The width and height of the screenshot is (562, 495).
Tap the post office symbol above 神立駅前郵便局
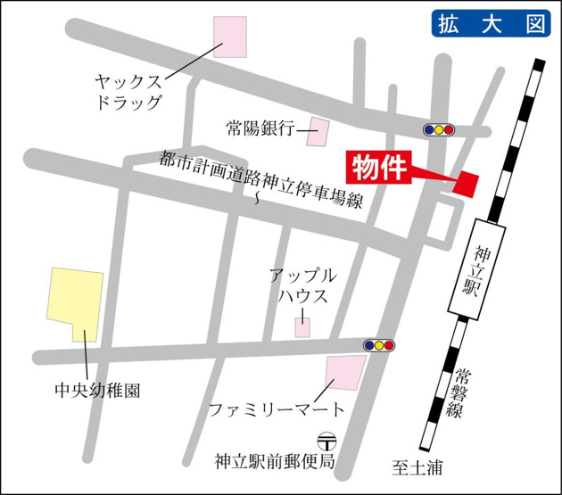coord(327,441)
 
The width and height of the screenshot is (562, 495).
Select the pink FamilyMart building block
coord(345,372)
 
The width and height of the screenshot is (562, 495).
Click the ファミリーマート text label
coord(276,410)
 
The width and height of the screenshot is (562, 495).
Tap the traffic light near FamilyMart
coord(378,345)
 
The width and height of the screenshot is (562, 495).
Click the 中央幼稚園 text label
coord(85,390)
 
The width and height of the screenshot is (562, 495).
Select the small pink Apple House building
coord(303,327)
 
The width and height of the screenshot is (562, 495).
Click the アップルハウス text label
coord(302,286)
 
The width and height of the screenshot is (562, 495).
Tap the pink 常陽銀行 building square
coord(318,132)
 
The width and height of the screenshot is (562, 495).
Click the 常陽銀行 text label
coord(260,129)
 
